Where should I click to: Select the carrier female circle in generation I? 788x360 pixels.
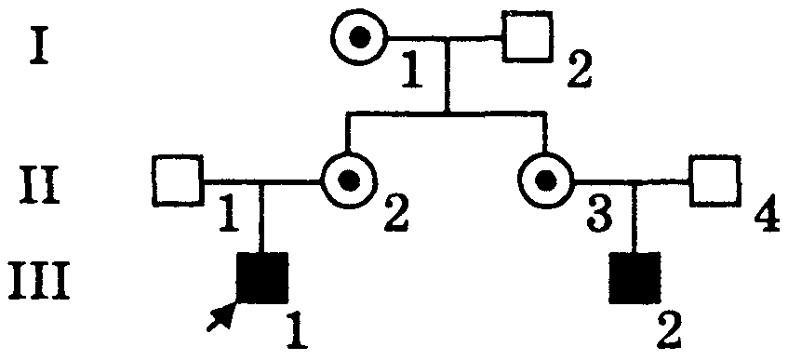coord(359,36)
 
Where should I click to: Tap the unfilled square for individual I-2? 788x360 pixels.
coord(528,36)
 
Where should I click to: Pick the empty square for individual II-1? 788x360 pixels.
coord(178,180)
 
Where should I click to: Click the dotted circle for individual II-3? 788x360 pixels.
coord(545,180)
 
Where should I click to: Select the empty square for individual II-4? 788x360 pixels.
coord(715,180)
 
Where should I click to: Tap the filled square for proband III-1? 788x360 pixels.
coord(262,278)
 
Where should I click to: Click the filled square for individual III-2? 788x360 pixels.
coord(634,278)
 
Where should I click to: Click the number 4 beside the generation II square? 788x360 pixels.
coord(767,216)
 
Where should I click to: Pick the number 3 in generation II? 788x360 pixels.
coord(598,215)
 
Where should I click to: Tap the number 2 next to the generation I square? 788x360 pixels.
coord(580,72)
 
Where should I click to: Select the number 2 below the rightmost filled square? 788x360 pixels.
coord(668,330)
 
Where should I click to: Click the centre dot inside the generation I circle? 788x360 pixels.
coord(359,36)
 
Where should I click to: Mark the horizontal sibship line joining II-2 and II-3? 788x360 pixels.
coord(446,115)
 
